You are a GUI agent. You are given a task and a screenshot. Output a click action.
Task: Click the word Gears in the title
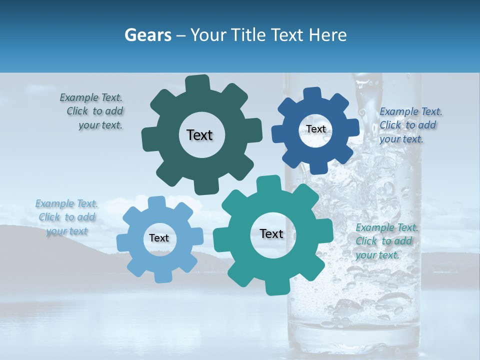click(146, 35)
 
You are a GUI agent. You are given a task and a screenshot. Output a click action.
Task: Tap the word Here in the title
click(328, 35)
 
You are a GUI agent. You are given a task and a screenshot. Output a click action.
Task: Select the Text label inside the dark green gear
click(199, 135)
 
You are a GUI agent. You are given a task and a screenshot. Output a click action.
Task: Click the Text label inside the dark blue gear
click(315, 129)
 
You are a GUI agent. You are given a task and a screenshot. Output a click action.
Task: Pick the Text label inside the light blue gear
click(159, 238)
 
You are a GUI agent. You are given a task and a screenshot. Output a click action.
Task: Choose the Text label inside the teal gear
click(271, 233)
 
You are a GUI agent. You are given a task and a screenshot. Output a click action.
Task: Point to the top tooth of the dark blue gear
click(312, 93)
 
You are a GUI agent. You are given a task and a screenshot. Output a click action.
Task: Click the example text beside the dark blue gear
click(409, 125)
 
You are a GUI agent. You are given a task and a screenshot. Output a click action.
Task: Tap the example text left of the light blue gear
click(66, 217)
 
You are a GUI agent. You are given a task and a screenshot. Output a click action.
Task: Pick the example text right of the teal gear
click(385, 241)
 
